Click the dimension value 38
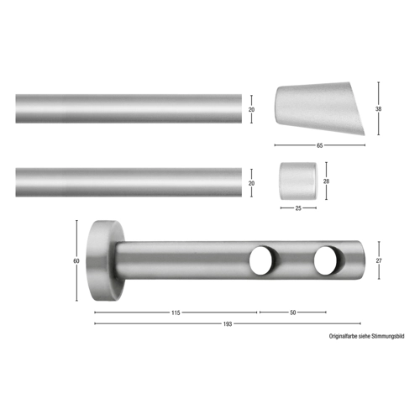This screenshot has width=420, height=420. (378, 109)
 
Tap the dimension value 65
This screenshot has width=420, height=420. (319, 145)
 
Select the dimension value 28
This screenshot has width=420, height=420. (326, 181)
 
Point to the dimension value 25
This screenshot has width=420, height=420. (298, 208)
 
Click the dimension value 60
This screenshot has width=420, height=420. (76, 261)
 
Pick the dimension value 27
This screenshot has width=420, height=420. (379, 260)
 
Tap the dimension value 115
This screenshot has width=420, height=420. (176, 312)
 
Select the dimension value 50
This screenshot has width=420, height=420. (292, 312)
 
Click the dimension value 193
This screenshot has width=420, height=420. (228, 324)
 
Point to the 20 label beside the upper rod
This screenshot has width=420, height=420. (251, 110)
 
